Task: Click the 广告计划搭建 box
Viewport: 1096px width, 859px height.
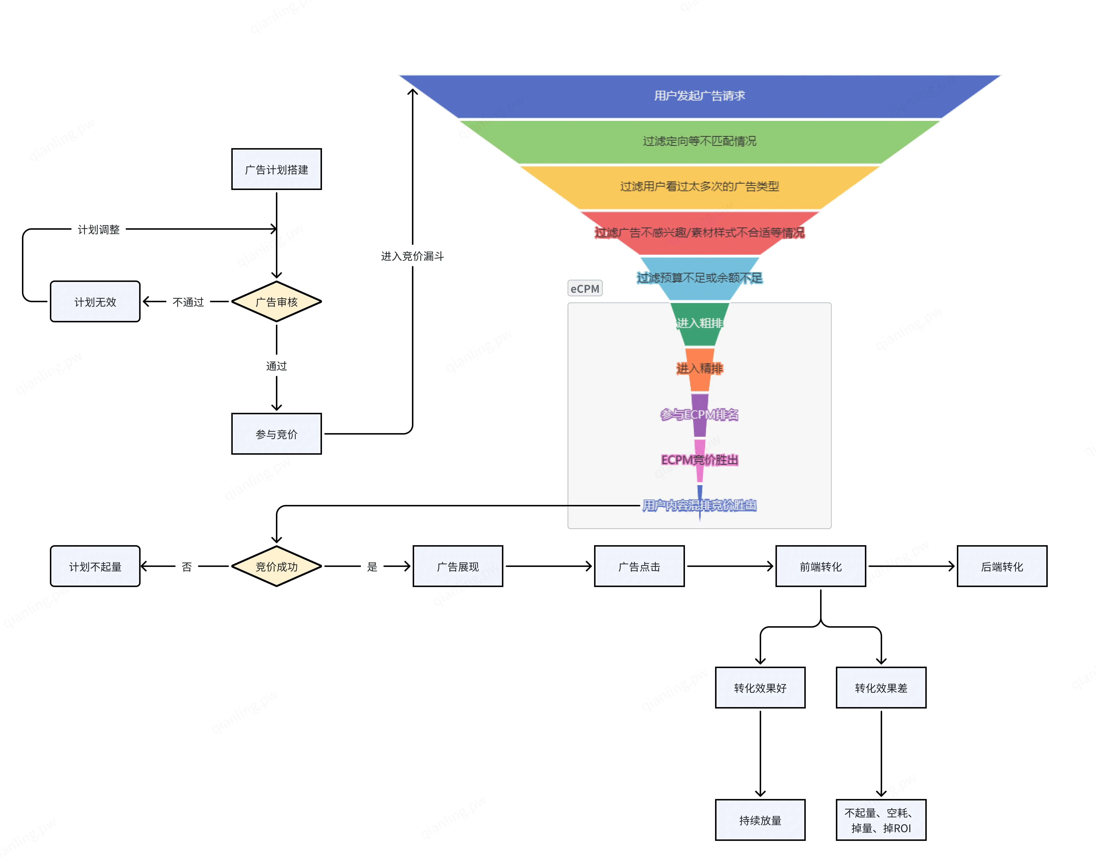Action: [276, 170]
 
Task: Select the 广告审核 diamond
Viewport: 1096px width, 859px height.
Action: [276, 302]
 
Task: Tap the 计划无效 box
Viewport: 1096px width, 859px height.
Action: [95, 302]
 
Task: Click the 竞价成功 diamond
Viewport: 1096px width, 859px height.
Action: [276, 566]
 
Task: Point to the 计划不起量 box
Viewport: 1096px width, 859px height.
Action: [95, 566]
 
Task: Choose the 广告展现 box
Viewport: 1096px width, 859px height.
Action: [457, 566]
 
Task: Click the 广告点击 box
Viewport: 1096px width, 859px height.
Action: [639, 566]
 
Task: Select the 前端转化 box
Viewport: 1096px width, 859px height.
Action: [820, 566]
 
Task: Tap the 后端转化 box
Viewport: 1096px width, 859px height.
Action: [1002, 566]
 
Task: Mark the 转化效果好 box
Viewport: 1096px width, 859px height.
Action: [760, 687]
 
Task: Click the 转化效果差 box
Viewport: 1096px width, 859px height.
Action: [881, 687]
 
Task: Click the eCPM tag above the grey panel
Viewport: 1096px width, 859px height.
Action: [585, 289]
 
